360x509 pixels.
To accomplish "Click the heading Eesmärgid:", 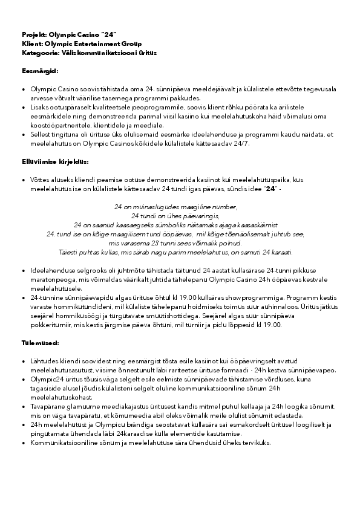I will coord(40,71).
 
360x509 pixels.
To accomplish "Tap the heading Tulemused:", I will coord(41,343).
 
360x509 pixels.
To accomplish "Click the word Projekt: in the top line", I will coord(34,36).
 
